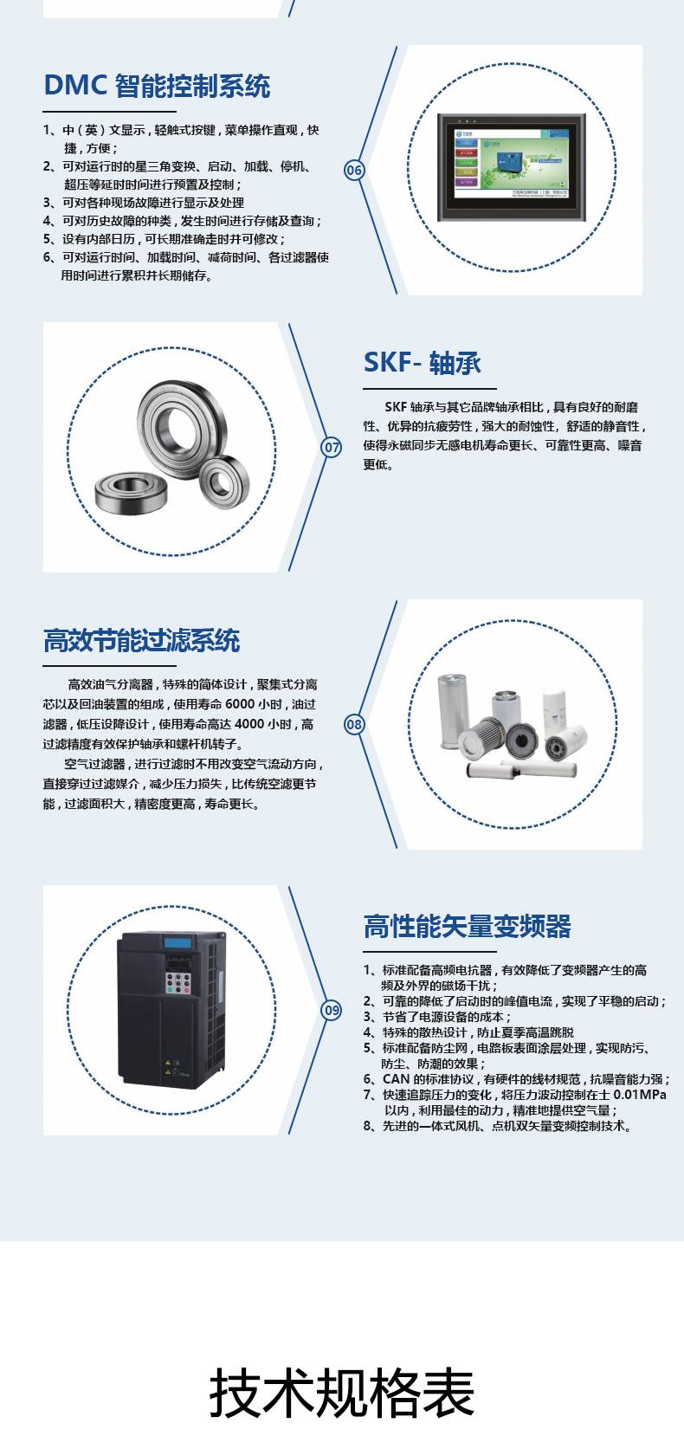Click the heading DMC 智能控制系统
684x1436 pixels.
(157, 86)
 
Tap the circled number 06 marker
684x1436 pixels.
(354, 170)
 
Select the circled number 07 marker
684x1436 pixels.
(332, 447)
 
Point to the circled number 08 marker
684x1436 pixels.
(354, 724)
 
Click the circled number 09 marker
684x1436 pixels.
(332, 1011)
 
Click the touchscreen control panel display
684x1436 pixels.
(512, 167)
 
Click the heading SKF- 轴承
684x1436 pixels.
(422, 362)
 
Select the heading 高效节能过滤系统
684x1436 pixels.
(142, 640)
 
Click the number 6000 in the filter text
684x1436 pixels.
(240, 704)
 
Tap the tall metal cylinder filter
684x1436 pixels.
(453, 711)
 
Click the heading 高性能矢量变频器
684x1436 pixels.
(468, 927)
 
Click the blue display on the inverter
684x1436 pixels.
(177, 943)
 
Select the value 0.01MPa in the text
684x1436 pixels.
(640, 1094)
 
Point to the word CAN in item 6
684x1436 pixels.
(397, 1079)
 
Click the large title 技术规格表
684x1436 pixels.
(342, 1392)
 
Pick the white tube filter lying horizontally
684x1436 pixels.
(521, 768)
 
